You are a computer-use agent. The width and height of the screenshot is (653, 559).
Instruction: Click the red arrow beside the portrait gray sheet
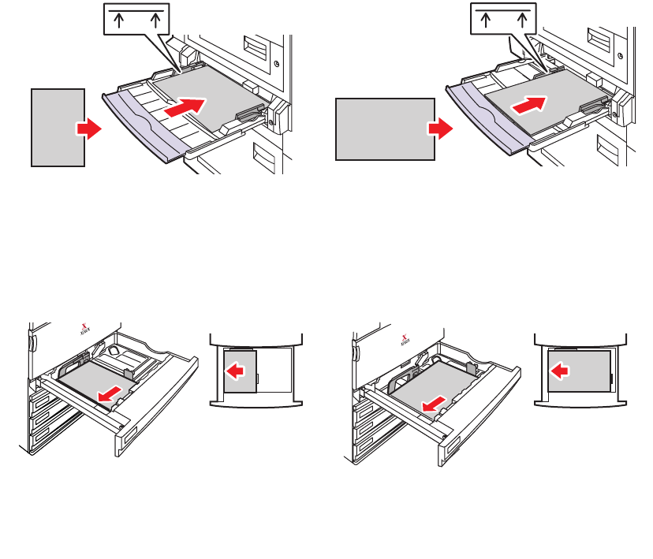89,129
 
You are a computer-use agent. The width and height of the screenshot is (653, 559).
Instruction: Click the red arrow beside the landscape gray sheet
440,129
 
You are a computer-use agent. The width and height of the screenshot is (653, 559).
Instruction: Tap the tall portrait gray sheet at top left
58,127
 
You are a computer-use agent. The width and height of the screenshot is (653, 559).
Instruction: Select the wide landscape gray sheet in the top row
385,129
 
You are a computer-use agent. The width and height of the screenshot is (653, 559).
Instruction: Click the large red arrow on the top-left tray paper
189,107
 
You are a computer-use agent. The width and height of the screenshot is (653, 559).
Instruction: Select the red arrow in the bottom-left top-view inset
237,370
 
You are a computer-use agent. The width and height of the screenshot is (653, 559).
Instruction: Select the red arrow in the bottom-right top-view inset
561,369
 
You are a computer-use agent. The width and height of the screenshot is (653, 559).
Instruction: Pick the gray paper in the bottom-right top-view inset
579,371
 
